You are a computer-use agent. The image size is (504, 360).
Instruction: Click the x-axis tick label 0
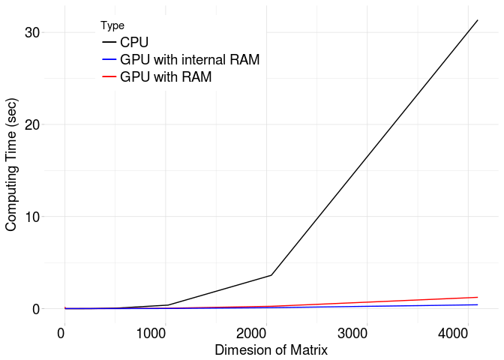point(63,333)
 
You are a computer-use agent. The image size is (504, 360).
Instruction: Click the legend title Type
point(112,25)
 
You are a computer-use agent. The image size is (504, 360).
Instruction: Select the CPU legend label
point(134,43)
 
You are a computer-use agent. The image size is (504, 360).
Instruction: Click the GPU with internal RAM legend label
point(190,60)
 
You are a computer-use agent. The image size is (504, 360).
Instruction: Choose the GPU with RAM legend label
point(166,77)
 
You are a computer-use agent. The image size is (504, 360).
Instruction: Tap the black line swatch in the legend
point(109,43)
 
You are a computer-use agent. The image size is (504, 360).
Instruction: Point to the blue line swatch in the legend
point(109,60)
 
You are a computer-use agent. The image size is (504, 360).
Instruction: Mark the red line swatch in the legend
point(109,77)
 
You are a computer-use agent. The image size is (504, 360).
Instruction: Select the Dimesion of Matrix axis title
point(271,350)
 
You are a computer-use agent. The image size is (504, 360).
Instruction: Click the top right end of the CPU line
point(478,20)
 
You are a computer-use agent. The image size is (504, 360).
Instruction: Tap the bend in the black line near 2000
point(271,275)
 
